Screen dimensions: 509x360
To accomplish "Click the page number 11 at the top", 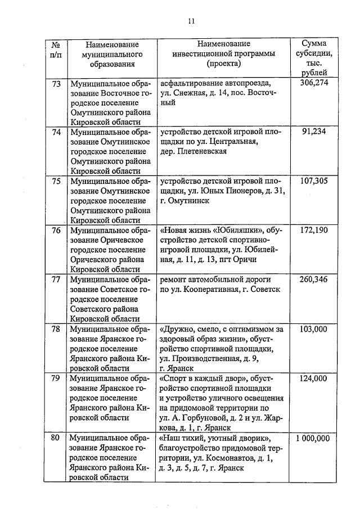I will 191,21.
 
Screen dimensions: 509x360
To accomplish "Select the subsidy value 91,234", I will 314,131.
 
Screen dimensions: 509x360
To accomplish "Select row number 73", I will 56,83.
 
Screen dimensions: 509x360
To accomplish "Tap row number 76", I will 56,230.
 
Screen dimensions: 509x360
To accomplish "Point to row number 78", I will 56,328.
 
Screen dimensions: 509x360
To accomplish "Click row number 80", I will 56,439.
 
